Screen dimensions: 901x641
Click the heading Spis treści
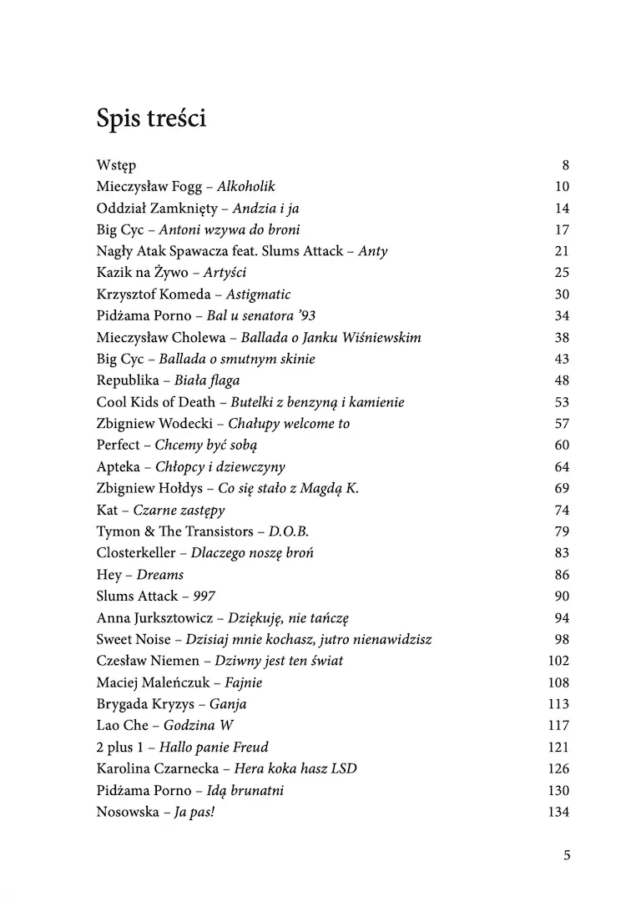(151, 119)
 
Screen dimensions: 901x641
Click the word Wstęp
(116, 165)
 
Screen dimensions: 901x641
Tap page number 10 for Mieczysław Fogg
(561, 187)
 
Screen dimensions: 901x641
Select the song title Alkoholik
(245, 187)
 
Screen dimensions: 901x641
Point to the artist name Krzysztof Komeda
(153, 294)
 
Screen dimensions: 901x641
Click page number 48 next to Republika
(561, 380)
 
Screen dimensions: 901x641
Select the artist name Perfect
(119, 445)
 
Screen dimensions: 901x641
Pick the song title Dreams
(160, 575)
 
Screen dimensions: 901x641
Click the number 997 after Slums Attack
(205, 596)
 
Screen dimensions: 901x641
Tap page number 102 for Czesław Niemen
(558, 661)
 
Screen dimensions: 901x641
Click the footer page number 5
(567, 855)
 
